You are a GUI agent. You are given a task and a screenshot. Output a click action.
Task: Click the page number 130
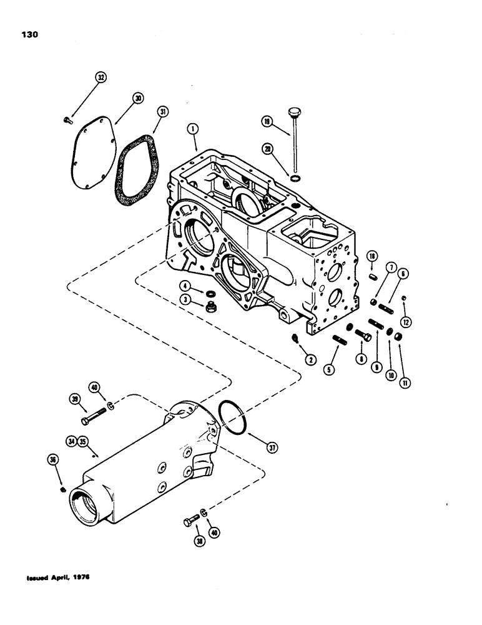coord(29,35)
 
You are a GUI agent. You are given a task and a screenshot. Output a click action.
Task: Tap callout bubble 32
coord(101,77)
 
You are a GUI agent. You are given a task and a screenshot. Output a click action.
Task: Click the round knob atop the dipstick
coord(293,113)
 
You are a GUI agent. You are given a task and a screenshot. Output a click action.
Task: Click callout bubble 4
coord(185,286)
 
